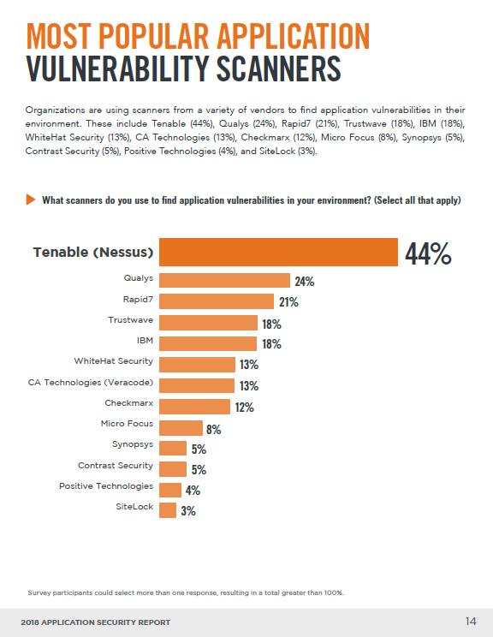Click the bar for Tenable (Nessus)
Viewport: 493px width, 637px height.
point(278,253)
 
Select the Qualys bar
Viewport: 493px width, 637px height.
point(224,280)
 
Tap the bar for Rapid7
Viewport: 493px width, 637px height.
point(217,301)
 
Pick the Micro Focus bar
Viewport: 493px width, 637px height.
point(181,428)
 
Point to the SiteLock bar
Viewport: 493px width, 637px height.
point(168,510)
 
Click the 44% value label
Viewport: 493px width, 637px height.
point(428,254)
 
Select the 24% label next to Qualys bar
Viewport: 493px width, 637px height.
point(305,282)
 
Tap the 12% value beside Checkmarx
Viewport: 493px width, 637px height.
point(245,407)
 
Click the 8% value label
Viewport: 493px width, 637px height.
point(214,430)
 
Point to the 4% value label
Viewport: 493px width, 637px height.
point(193,491)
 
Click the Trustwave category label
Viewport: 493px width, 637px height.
point(131,319)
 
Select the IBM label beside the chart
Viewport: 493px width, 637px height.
point(145,341)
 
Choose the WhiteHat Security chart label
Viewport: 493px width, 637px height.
point(114,361)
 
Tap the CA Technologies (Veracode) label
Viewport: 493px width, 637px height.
point(91,382)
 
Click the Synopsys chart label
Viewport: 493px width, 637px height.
point(133,444)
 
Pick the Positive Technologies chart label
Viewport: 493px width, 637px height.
point(106,486)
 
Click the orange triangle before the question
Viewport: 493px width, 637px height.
point(31,199)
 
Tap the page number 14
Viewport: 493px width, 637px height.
point(471,621)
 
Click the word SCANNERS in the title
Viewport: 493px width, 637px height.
point(278,69)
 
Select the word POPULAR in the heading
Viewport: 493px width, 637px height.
point(153,37)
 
